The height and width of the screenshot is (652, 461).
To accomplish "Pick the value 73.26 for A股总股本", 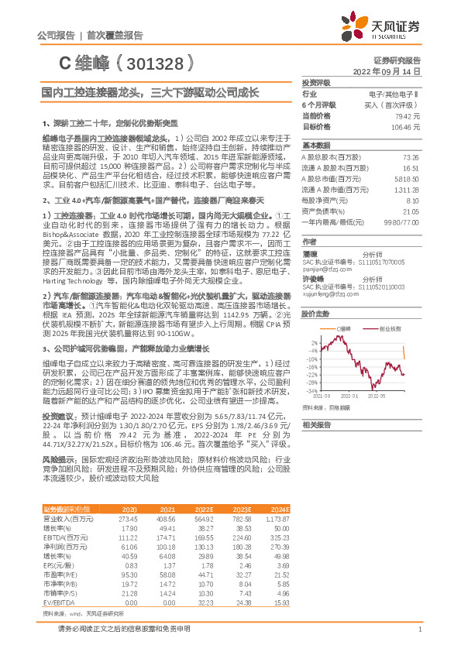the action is click(x=411, y=156).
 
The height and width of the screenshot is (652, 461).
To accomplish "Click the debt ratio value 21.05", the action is click(x=411, y=211).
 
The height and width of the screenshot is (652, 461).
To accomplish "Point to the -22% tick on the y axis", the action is click(x=313, y=373).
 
